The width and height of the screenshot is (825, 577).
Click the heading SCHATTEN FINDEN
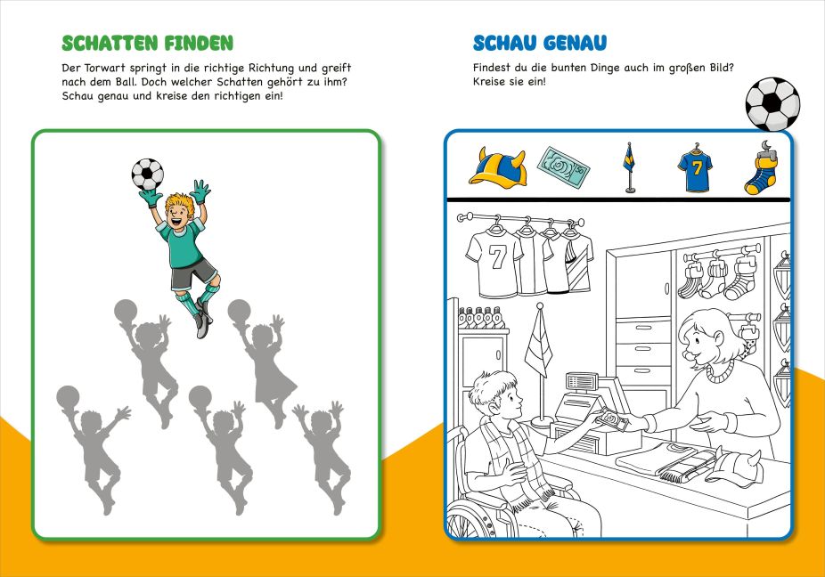[147, 43]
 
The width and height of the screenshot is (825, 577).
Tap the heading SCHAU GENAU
[540, 43]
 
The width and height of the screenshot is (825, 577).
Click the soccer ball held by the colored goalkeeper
[147, 175]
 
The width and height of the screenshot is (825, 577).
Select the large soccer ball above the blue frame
[772, 104]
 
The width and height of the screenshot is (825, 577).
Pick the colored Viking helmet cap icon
[497, 167]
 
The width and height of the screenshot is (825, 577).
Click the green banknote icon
[563, 167]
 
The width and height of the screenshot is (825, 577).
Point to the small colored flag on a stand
[629, 167]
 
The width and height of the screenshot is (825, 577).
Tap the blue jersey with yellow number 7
[695, 169]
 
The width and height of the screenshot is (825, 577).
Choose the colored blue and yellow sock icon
[761, 168]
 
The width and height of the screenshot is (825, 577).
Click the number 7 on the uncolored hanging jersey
[497, 257]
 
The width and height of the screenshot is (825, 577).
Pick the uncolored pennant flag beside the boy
[539, 347]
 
